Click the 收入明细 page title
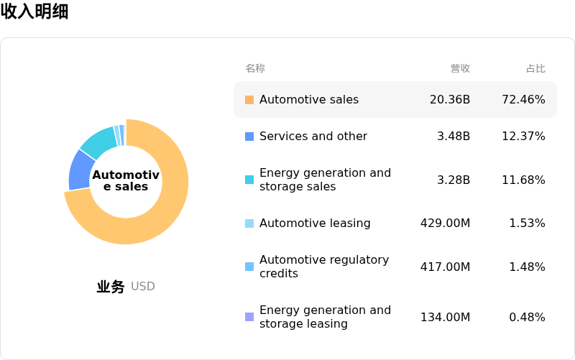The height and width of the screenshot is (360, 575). point(34,11)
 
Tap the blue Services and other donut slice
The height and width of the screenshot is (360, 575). point(80,170)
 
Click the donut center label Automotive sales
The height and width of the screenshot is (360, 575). point(125,181)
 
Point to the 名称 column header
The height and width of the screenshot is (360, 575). point(255,68)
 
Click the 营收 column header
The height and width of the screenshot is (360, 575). point(460,68)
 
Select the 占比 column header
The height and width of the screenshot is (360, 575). point(535,68)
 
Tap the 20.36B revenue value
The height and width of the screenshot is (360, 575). point(450,100)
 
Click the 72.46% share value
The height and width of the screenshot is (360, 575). point(523,100)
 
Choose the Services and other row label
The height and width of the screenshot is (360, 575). point(313,137)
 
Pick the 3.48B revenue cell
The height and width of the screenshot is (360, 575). point(454,137)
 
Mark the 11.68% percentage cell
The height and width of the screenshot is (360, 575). point(523,180)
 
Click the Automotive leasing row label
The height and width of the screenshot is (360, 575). point(315,223)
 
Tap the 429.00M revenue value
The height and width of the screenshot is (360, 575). point(445,223)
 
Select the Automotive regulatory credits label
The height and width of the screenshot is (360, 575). point(324,267)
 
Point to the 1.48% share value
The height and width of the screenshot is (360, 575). point(527,267)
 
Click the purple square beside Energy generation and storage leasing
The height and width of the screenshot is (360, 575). point(249,317)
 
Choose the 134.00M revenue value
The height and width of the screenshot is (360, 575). point(445,318)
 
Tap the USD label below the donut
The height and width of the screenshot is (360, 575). point(143,287)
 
